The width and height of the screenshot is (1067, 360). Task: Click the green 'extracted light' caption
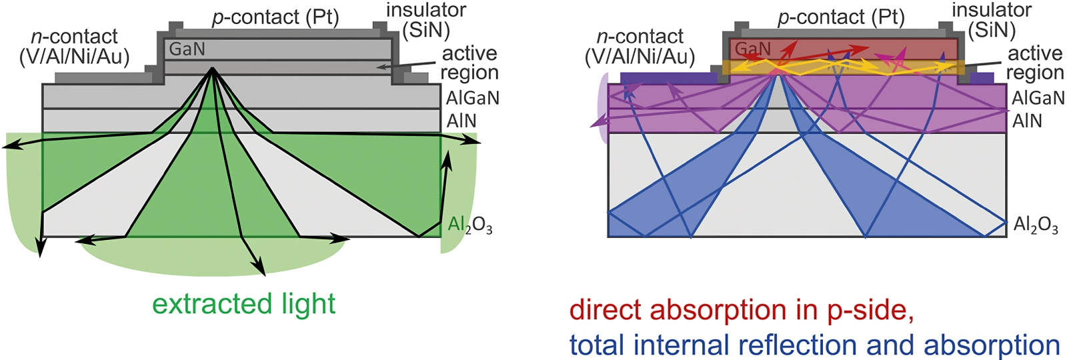[x=243, y=304]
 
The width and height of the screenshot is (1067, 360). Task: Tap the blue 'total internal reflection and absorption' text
[x=814, y=345]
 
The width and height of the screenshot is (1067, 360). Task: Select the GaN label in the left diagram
[x=187, y=49]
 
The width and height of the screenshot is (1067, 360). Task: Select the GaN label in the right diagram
[x=753, y=49]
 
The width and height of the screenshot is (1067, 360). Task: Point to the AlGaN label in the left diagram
[x=472, y=98]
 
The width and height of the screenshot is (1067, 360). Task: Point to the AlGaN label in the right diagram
[x=1038, y=98]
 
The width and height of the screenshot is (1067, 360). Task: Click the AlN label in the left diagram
[x=461, y=121]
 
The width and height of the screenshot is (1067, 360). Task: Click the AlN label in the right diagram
[x=1027, y=121]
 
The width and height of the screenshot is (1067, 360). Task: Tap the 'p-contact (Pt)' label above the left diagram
[x=275, y=17]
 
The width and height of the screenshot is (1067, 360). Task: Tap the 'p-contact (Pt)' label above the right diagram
[x=841, y=17]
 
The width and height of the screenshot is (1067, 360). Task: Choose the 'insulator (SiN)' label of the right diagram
[x=992, y=20]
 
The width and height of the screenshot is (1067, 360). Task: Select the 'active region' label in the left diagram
[x=469, y=63]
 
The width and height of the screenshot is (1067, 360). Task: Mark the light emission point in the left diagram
[x=213, y=69]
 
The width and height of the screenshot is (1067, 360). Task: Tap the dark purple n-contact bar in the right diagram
[x=667, y=78]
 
